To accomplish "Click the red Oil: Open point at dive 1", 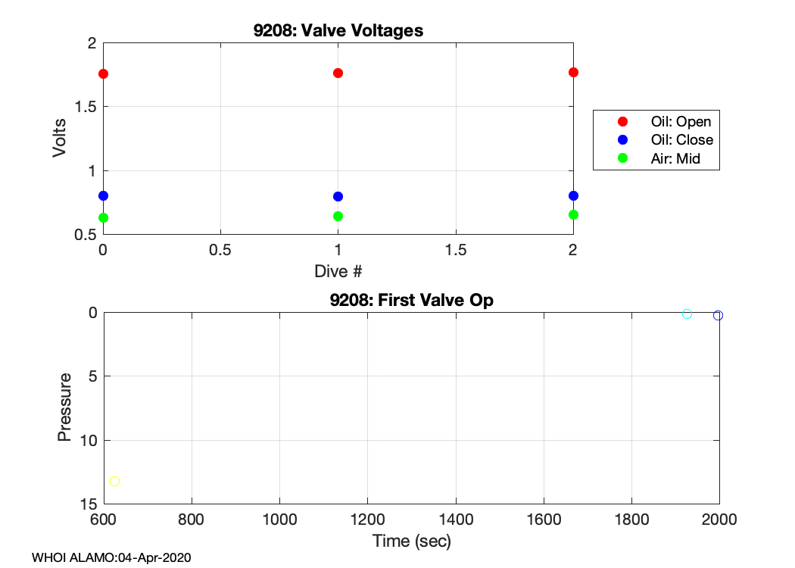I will click(x=338, y=73).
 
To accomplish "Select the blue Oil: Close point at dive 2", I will click(x=573, y=195).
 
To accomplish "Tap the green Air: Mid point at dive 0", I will click(x=103, y=217).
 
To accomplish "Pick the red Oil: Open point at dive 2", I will click(x=573, y=72).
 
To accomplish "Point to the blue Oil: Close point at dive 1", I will click(x=338, y=196).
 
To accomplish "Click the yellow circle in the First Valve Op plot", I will click(x=114, y=481).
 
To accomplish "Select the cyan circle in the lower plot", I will click(x=687, y=314).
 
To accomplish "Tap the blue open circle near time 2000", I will click(x=718, y=315).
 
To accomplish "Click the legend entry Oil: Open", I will click(x=681, y=121).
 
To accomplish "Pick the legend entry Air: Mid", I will click(x=675, y=159).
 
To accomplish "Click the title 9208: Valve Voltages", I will click(x=338, y=31).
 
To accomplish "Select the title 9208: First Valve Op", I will click(x=411, y=300).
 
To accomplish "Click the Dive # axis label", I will click(x=338, y=270).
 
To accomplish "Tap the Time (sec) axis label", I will click(x=411, y=541).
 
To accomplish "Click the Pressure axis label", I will click(x=65, y=407).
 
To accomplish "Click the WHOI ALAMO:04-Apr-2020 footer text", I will click(x=111, y=558).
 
